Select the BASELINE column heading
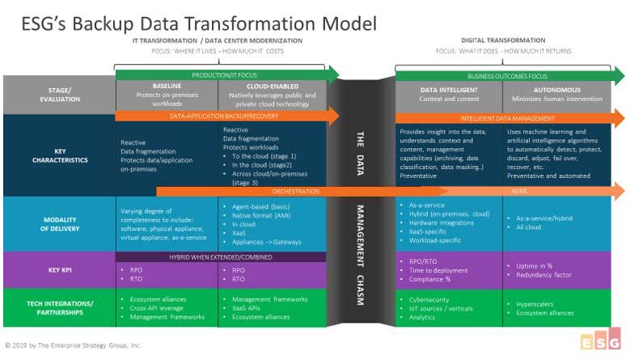point(166,85)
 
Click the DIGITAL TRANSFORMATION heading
point(502,40)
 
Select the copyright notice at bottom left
point(74,345)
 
